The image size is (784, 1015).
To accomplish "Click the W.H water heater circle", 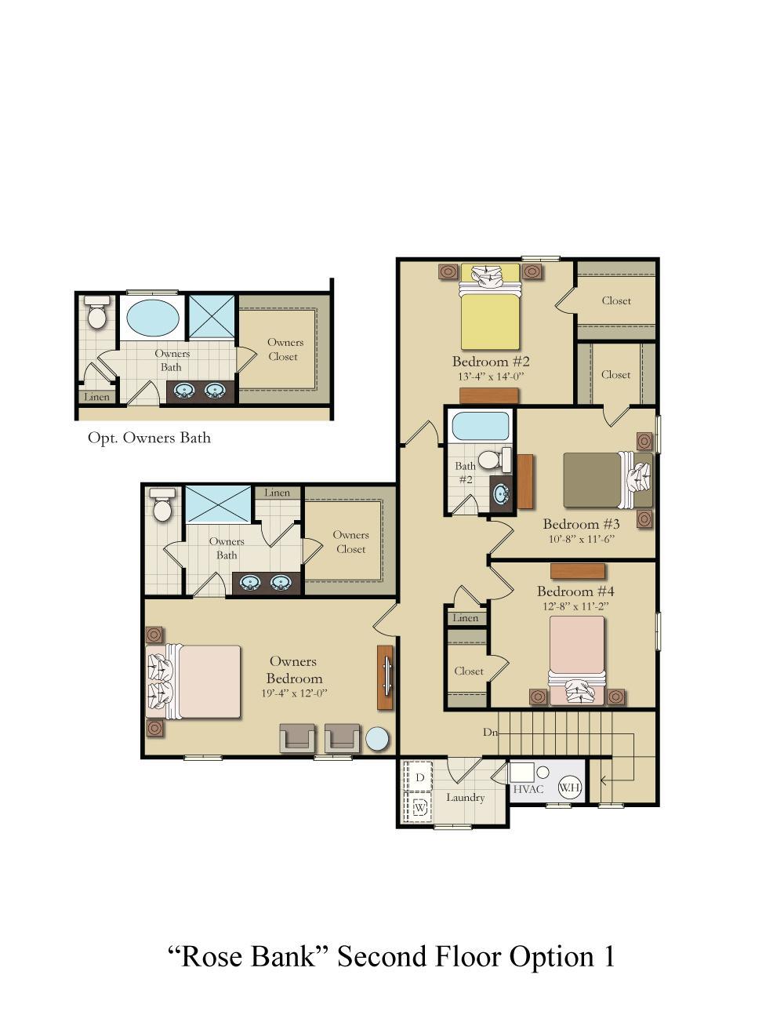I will tap(570, 787).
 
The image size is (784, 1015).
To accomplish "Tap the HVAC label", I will tap(528, 789).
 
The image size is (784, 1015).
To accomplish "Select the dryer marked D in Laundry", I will tap(419, 777).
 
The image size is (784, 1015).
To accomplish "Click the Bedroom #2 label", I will tap(491, 362).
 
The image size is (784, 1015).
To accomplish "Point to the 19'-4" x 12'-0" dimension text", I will tap(293, 693).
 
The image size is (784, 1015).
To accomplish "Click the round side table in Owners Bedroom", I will tap(377, 740).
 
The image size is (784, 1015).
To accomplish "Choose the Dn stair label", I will tap(490, 732).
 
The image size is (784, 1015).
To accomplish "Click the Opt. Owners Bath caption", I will tap(149, 438).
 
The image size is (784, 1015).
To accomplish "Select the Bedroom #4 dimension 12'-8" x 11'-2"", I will tap(575, 606).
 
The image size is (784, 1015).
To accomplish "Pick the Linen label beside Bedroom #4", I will tap(465, 618).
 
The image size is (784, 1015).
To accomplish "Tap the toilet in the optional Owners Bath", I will tap(97, 313).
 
